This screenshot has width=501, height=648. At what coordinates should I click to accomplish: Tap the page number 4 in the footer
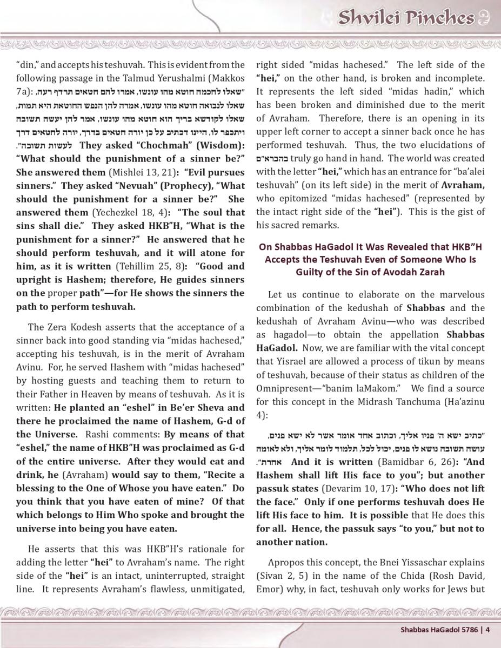pyautogui.click(x=487, y=629)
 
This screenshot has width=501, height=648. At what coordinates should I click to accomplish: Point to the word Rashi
pyautogui.click(x=98, y=434)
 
